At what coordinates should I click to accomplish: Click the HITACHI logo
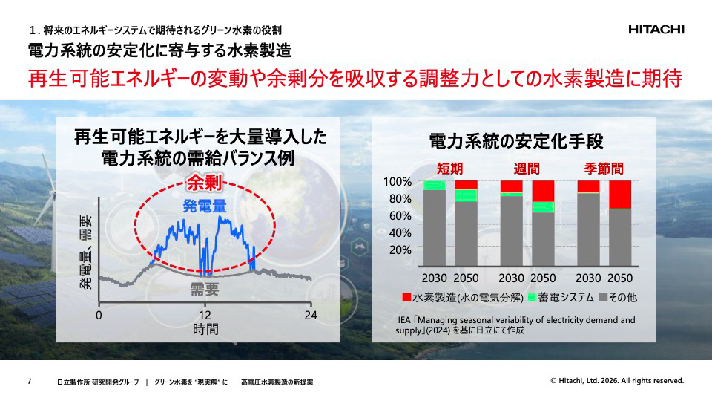point(656,30)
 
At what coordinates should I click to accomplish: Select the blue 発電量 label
point(205,205)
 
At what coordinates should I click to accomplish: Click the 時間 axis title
point(205,329)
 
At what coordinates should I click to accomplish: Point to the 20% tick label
point(399,250)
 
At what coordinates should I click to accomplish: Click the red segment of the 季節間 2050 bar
point(620,195)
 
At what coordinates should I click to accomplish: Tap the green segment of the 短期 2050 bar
point(466,195)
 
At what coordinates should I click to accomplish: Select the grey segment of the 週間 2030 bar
point(511,231)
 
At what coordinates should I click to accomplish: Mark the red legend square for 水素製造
point(406,298)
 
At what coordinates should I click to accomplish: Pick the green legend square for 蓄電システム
point(531,298)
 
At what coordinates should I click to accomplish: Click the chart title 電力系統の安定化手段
point(516,140)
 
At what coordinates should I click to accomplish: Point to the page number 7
point(29,381)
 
